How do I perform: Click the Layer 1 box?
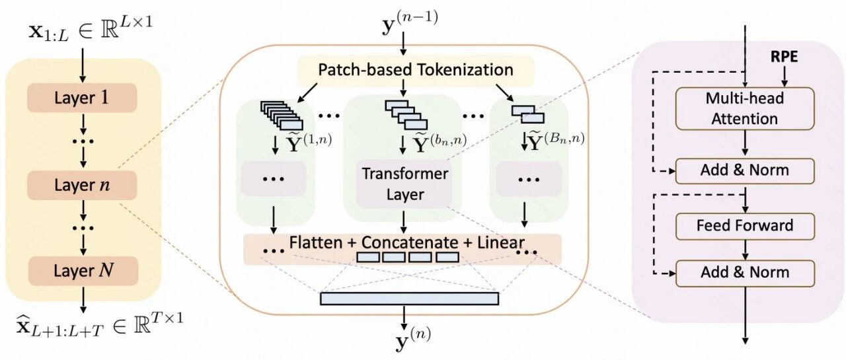pos(82,98)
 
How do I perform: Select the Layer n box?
pos(82,185)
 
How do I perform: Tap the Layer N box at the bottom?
pos(83,271)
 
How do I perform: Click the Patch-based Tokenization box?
pos(416,70)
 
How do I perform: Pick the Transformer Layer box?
pos(404,184)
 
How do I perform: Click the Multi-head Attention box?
pos(745,109)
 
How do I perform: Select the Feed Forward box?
pos(745,226)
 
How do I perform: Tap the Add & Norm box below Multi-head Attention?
pos(745,171)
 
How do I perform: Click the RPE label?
pos(784,57)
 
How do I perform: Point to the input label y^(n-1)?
pos(409,22)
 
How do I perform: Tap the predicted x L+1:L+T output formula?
pos(100,325)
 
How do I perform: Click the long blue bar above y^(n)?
pos(409,299)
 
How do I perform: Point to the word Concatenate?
pos(410,242)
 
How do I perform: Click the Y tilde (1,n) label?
pos(308,141)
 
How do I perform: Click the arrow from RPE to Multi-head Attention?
pos(784,76)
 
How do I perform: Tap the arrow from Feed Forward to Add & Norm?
pos(745,250)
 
